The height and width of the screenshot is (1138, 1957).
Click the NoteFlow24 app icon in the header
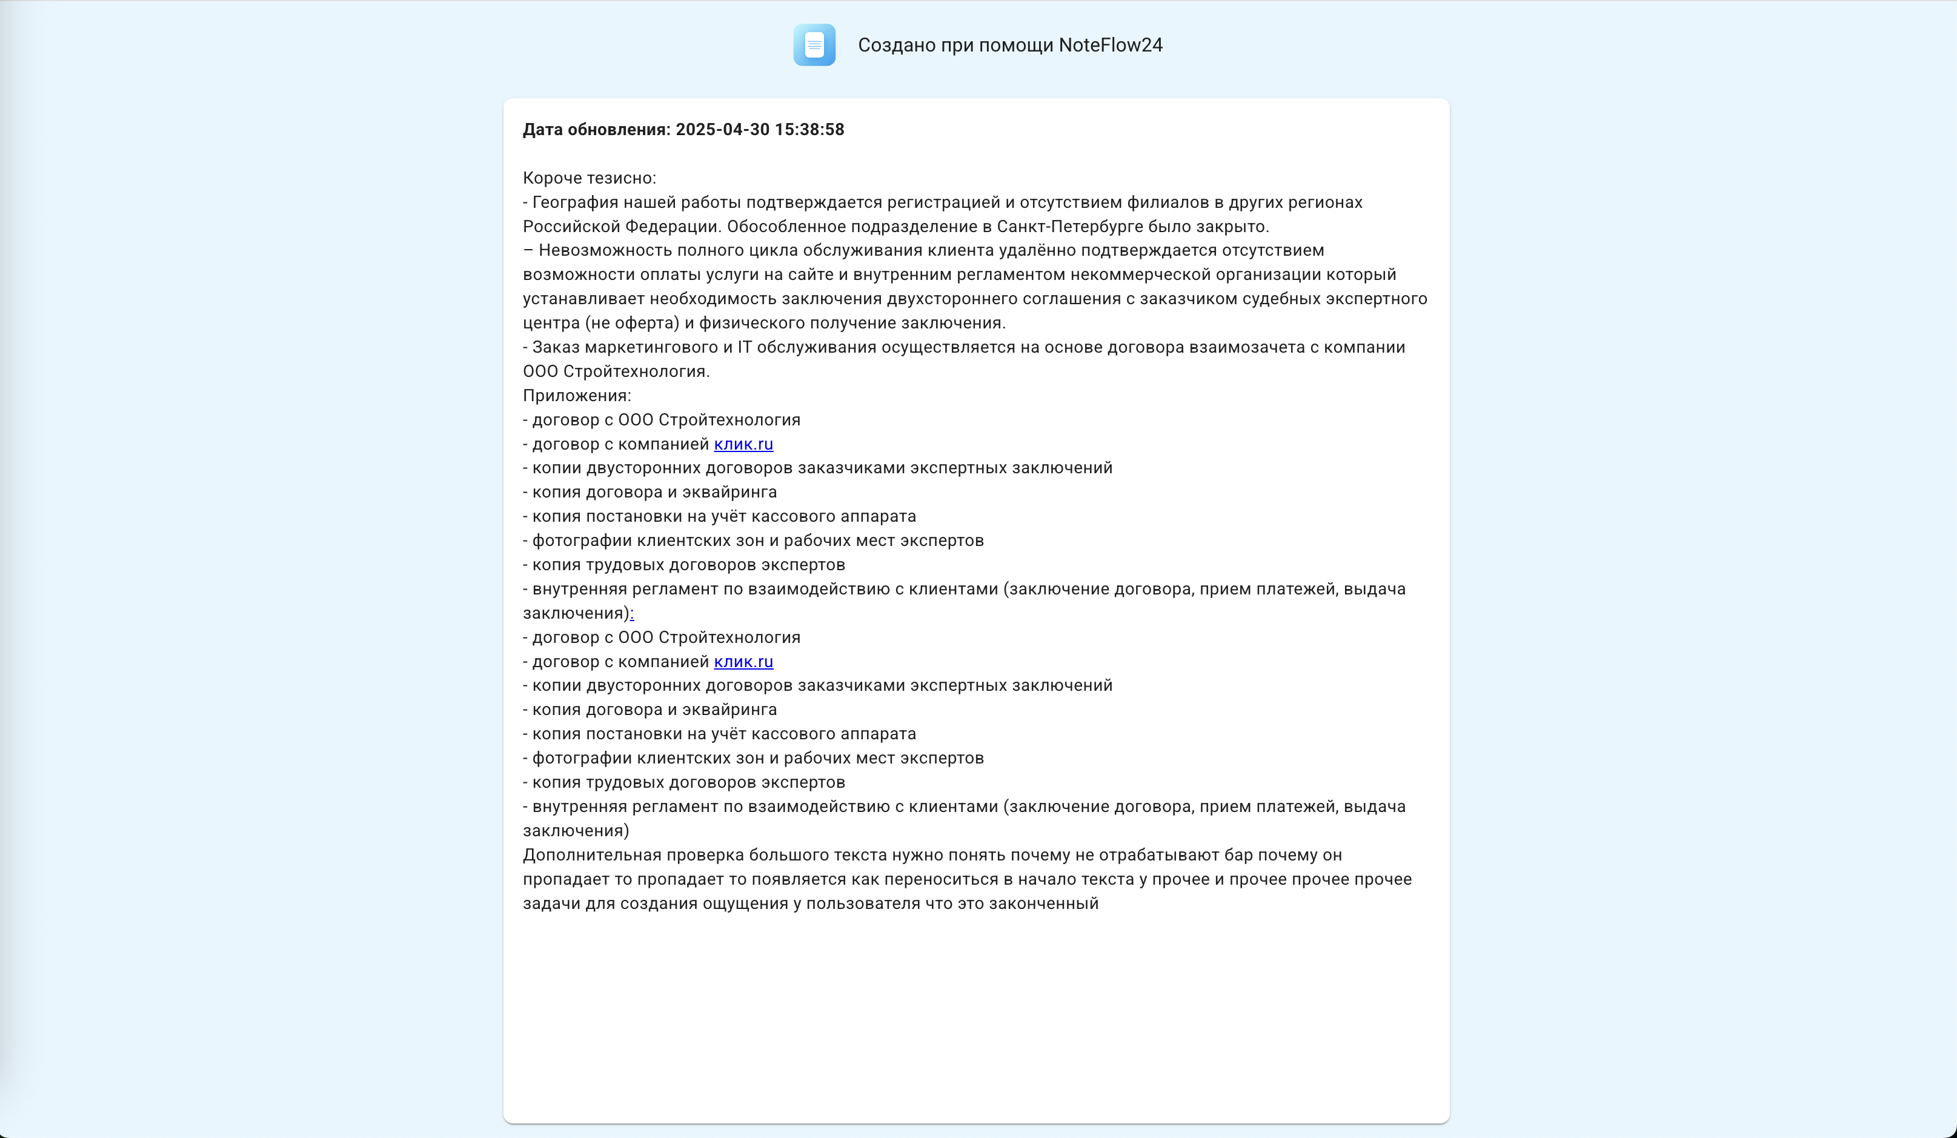coord(814,45)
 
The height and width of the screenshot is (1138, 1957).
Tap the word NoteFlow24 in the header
coord(1111,45)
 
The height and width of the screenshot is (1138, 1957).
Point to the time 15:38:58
coord(809,130)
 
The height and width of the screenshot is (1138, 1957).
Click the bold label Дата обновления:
coord(596,130)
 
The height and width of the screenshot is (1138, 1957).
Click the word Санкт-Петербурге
coord(1069,227)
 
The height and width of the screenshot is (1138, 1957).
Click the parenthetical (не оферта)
coord(631,323)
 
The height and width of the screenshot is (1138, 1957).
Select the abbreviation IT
coord(744,347)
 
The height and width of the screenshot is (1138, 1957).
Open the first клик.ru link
coord(743,444)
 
